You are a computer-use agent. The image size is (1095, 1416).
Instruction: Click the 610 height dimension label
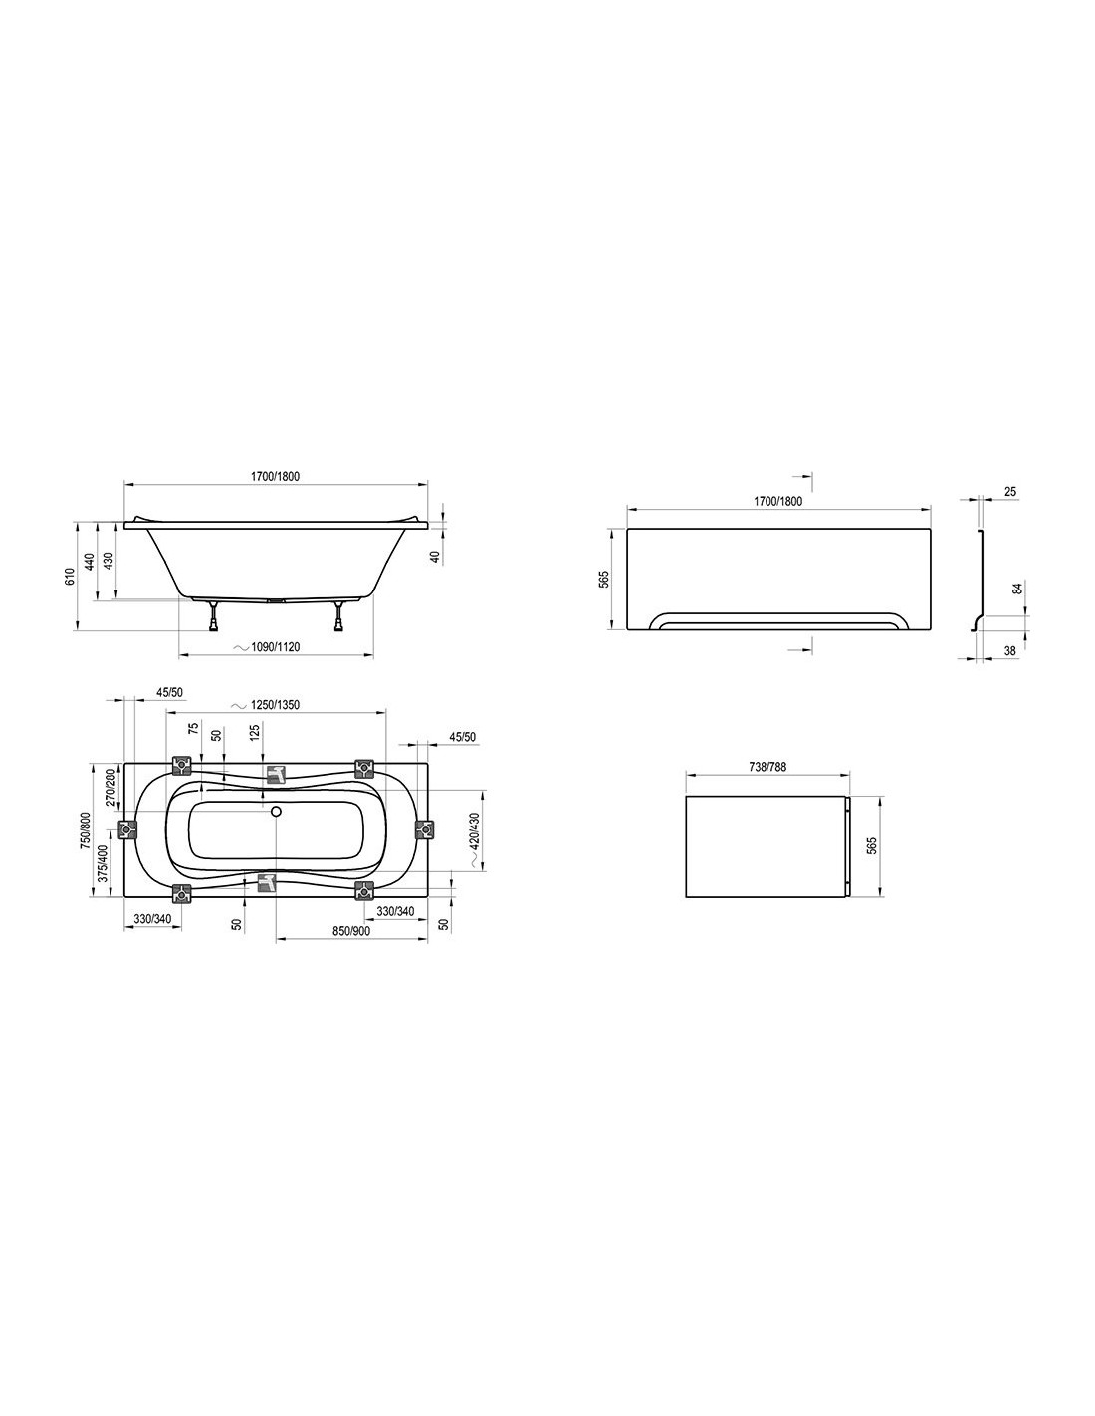click(x=71, y=577)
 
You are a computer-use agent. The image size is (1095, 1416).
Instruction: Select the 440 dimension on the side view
click(x=90, y=561)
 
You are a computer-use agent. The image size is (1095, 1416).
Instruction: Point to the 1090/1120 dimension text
click(x=275, y=647)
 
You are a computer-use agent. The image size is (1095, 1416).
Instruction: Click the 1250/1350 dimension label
click(x=275, y=705)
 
